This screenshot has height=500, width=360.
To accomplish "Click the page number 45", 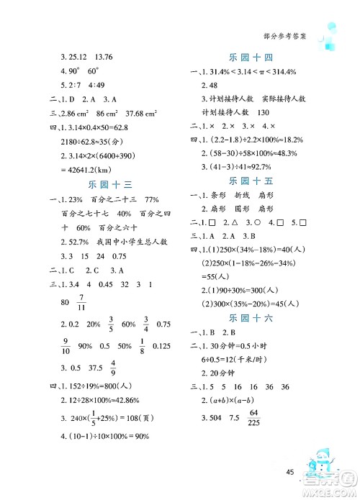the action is click(x=291, y=472).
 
